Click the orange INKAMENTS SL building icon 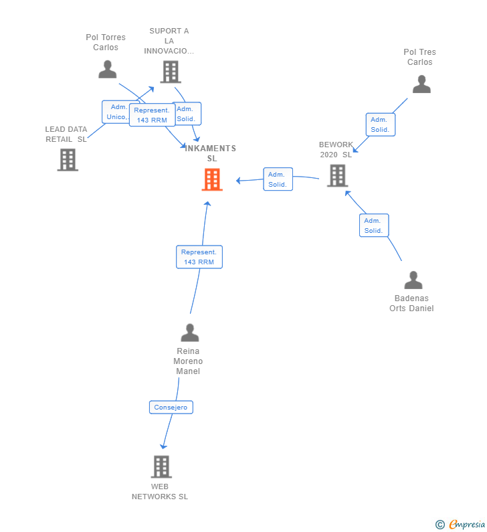coord(212,179)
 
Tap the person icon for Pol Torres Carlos coord(107,69)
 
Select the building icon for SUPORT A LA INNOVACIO coord(171,72)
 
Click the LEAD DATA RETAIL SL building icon coord(68,160)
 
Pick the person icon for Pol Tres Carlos coord(421,84)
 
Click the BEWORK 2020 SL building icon coord(337,175)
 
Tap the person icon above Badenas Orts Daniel coord(413,280)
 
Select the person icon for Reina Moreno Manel coord(190,333)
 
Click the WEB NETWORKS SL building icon coord(161,466)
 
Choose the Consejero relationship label coord(171,408)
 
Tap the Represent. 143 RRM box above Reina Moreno coord(199,257)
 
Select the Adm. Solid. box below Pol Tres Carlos coord(380,124)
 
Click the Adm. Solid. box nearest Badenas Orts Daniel coord(373,226)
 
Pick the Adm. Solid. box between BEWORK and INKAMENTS coord(278,179)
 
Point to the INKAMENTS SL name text coord(211,153)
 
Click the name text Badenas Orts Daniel coord(411,303)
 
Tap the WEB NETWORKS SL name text coord(160,492)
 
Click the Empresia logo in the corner coord(461,524)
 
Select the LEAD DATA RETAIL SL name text coord(66,135)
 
